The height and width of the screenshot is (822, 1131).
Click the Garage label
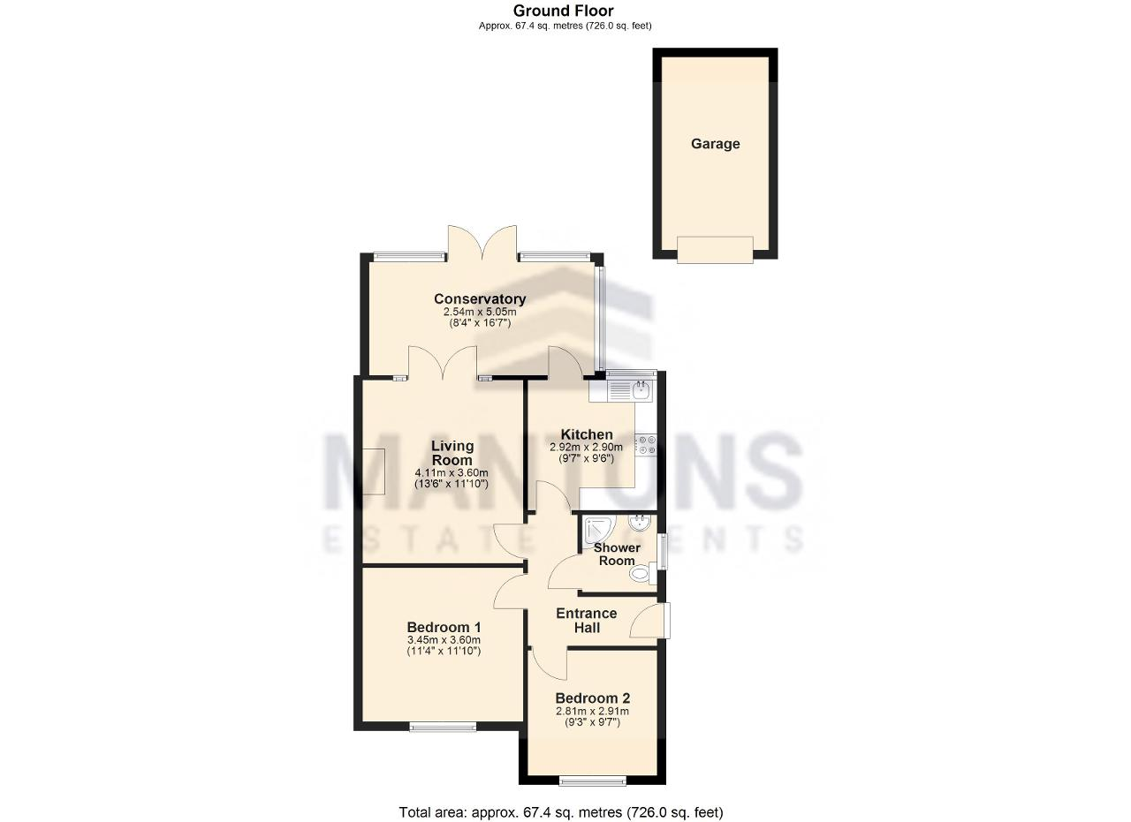pos(715,144)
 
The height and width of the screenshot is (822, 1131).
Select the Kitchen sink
pos(631,391)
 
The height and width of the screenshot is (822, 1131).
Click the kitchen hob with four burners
pos(646,446)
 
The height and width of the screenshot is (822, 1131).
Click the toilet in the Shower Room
pos(642,574)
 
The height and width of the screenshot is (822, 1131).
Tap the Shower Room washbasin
pos(640,523)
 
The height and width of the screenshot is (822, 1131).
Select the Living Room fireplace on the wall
pos(374,471)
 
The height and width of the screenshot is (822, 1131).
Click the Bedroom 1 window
pos(443,727)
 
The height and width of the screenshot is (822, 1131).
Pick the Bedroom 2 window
pos(592,781)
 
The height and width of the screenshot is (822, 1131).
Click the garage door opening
pos(715,249)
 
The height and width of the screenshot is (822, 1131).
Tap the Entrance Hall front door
pos(650,621)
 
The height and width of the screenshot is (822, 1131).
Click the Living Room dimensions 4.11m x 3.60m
pos(452,473)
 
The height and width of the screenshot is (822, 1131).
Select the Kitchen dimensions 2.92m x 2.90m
pos(586,447)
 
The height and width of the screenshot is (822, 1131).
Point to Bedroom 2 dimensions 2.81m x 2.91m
pos(592,712)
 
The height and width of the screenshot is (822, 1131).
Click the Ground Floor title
pos(564,11)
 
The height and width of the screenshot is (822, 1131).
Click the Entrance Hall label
pos(586,621)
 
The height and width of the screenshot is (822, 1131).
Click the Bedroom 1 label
pos(444,627)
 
